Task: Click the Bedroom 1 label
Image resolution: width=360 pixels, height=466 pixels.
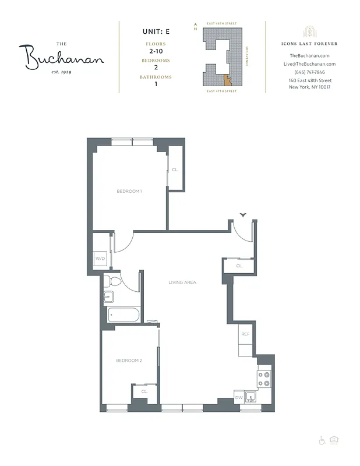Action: point(129,191)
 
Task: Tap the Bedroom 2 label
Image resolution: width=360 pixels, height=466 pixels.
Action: point(129,361)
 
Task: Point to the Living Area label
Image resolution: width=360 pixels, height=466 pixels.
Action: point(182,282)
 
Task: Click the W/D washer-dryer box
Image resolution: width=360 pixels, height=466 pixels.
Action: point(100,258)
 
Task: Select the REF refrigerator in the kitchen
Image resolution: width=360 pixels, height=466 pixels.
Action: point(245,334)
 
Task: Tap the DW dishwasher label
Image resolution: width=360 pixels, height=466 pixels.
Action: point(238,398)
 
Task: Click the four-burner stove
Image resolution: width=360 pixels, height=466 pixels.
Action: point(264,379)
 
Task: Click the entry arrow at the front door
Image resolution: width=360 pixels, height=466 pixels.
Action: point(243,216)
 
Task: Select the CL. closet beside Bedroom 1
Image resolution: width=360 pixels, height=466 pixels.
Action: point(175,170)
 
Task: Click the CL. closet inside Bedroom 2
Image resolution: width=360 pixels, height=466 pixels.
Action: point(144,391)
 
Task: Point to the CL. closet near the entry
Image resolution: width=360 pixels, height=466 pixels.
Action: point(239,266)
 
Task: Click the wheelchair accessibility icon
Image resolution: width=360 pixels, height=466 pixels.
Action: point(322,439)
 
